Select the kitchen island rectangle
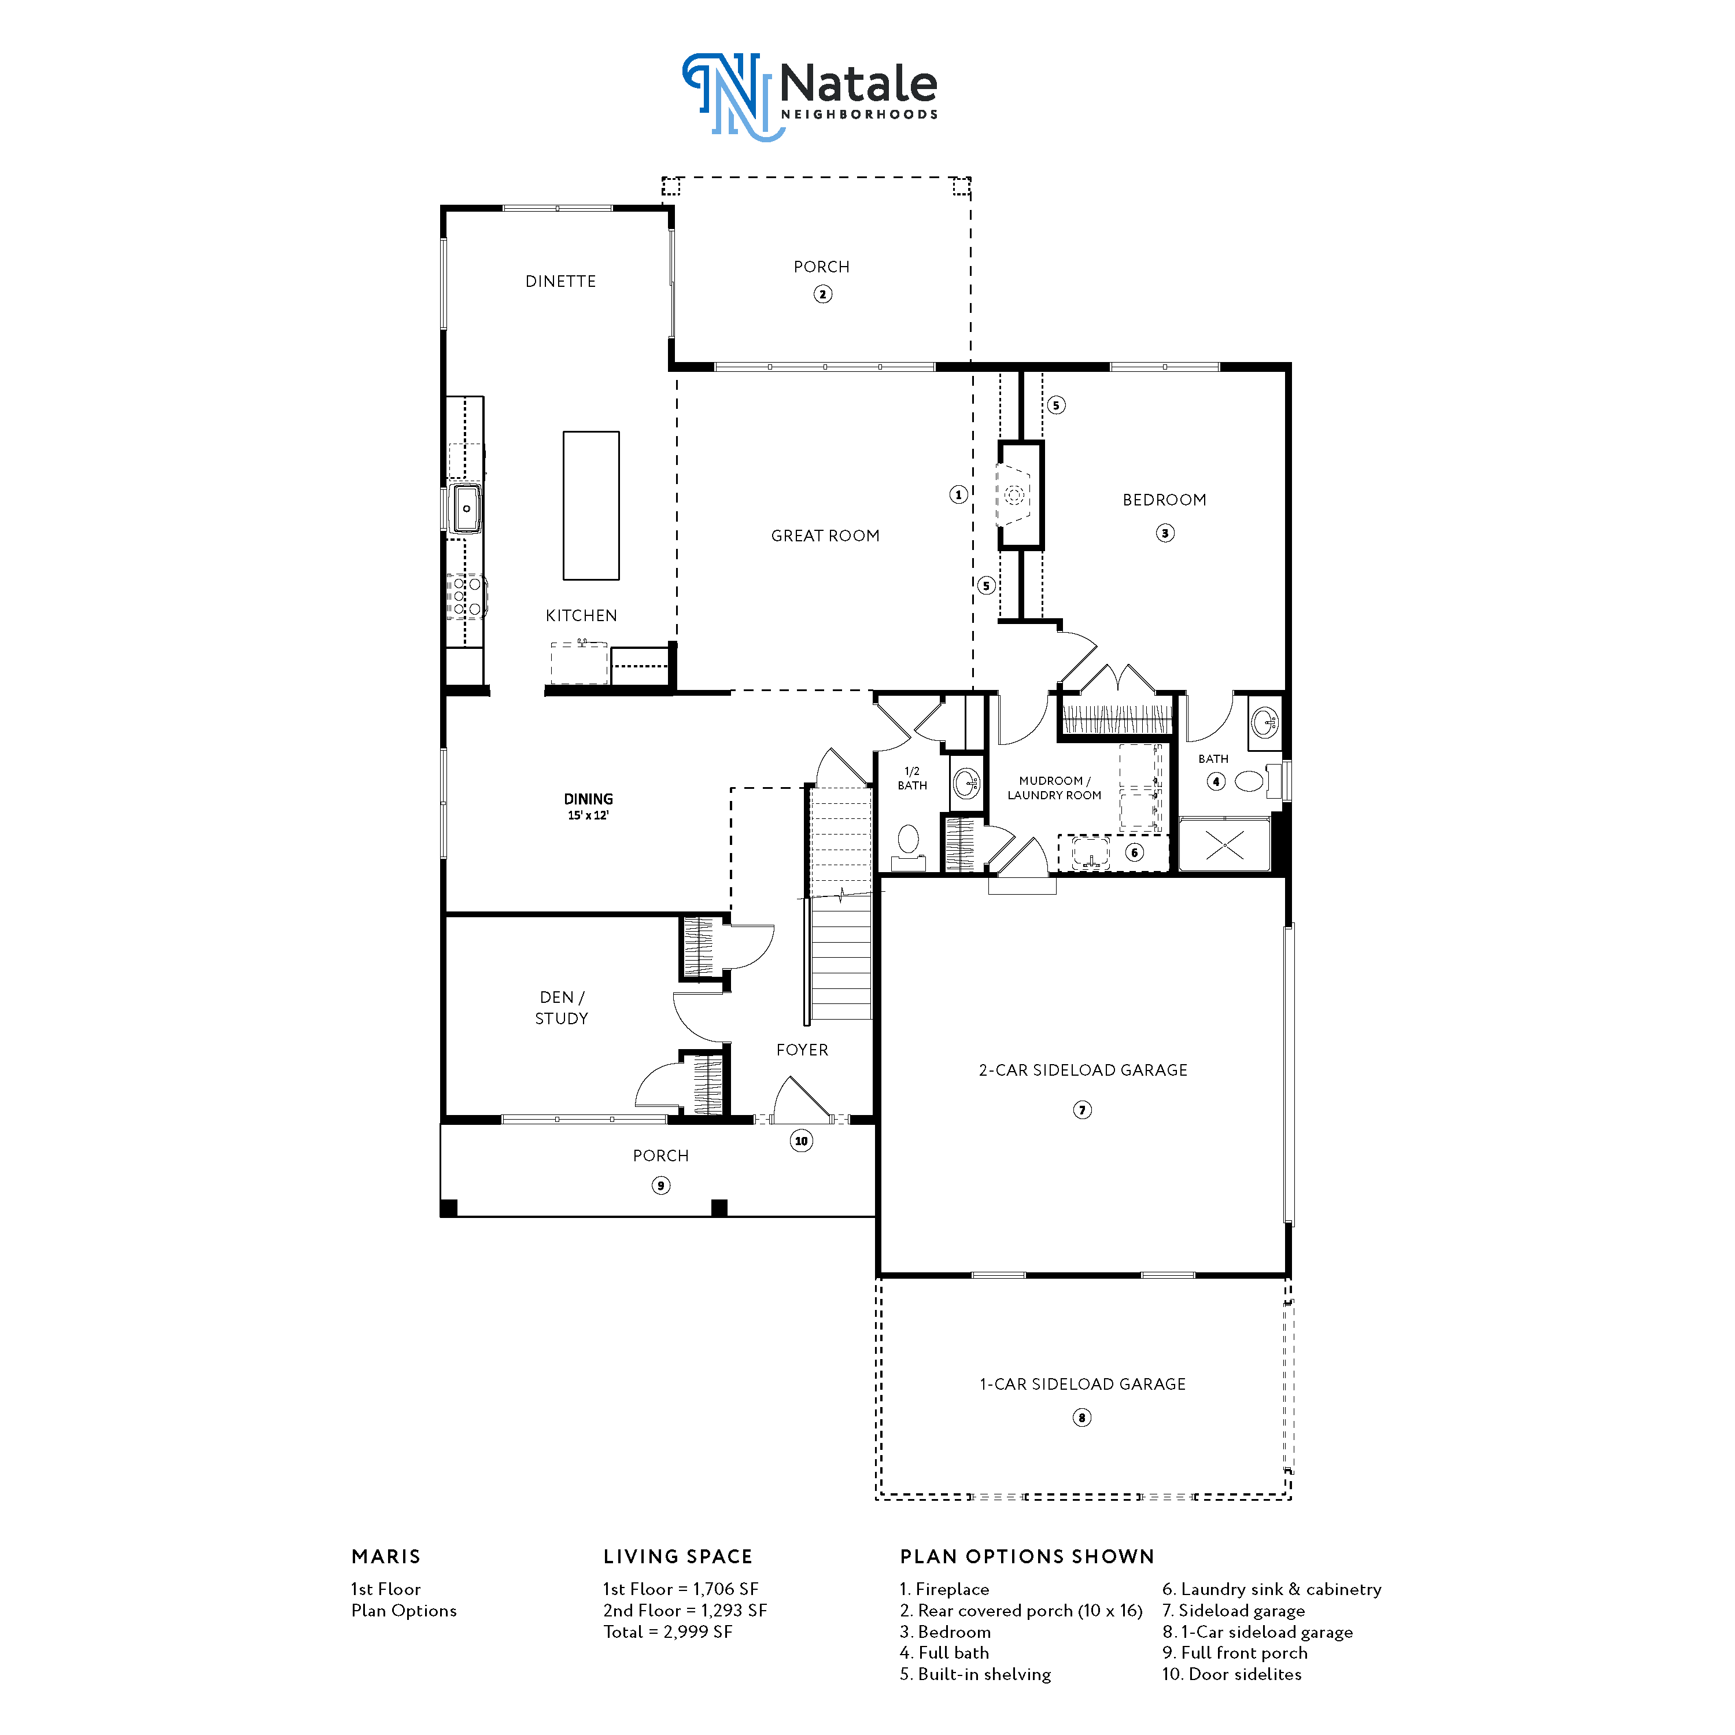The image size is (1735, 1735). (591, 505)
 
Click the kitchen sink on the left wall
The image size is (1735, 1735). (466, 508)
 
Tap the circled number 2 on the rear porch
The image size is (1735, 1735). (822, 294)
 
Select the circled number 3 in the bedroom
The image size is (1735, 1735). (1165, 533)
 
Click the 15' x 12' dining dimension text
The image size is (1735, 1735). (588, 815)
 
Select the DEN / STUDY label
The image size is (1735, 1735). (561, 1007)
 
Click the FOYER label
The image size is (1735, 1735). (802, 1050)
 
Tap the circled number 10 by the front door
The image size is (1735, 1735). (801, 1142)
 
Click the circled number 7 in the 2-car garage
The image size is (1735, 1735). (1082, 1110)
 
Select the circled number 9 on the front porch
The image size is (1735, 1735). (661, 1186)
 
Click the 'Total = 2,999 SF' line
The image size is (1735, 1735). (668, 1631)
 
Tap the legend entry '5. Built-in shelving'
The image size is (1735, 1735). (975, 1674)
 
